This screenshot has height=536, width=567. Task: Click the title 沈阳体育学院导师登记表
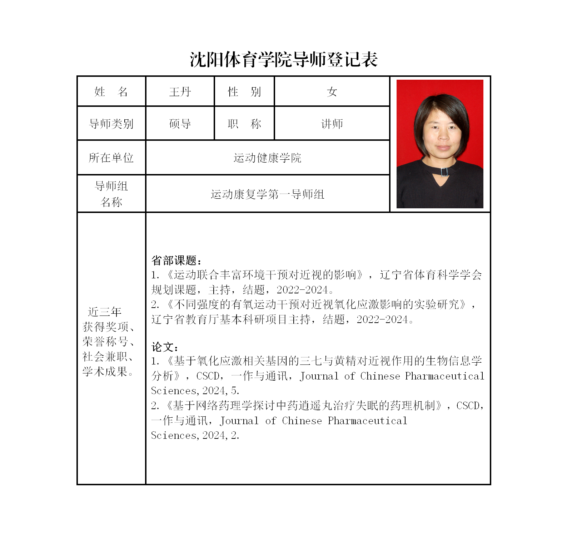(284, 59)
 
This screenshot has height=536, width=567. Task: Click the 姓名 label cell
(111, 92)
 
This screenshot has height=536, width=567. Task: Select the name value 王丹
(180, 92)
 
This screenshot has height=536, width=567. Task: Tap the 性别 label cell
(244, 92)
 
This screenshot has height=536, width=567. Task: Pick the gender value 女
(332, 92)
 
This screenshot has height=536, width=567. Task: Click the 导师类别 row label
(111, 124)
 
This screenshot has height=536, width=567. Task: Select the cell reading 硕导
(180, 124)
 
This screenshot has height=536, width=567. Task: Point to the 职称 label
(244, 124)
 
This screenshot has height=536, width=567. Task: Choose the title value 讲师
(332, 124)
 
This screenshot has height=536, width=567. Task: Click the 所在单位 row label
(111, 158)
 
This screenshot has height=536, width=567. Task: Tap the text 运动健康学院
(267, 158)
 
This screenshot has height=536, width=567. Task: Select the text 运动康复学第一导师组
(267, 194)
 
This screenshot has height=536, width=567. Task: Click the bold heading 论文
(164, 347)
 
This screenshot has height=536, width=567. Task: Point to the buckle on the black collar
(444, 172)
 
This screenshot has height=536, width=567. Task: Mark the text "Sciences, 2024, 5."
(195, 391)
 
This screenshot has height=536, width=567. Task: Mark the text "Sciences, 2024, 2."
(195, 435)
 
